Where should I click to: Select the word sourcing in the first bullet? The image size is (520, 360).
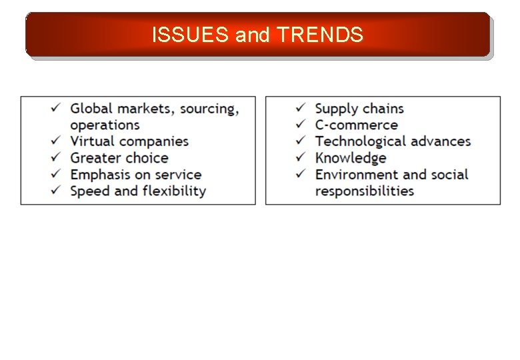209,109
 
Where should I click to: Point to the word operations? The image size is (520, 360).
105,125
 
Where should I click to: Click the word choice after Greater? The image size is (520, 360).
145,158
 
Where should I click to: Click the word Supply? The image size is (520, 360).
336,109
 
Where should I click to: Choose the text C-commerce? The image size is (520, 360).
356,125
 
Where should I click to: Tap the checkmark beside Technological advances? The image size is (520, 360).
301,141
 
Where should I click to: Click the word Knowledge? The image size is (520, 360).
351,159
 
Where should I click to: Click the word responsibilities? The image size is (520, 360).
364,191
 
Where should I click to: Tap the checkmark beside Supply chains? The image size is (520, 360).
301,107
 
